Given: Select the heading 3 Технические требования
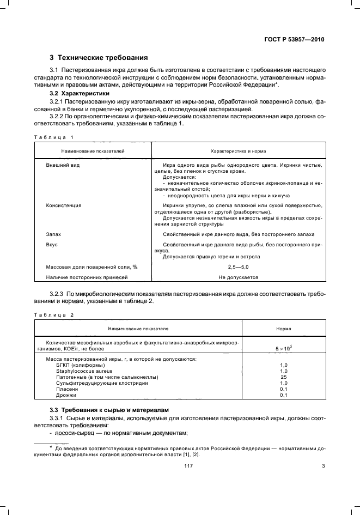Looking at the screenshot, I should coord(98,58).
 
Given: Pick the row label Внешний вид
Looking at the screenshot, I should coord(63,165).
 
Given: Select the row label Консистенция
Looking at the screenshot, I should coord(64,205).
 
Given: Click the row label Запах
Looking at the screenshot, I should coord(54,233).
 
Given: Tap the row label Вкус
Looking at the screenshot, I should coord(52,245).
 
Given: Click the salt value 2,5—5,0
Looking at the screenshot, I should coord(238,267).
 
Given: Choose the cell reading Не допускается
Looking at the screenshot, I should coord(238,277).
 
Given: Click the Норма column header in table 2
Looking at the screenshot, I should coord(283,329).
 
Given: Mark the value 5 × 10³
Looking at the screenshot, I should coord(283,347).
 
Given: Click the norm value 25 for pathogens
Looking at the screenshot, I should coord(283,377).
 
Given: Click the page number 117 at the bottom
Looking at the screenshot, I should coord(188,466).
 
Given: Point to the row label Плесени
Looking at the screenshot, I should coord(66,389).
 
